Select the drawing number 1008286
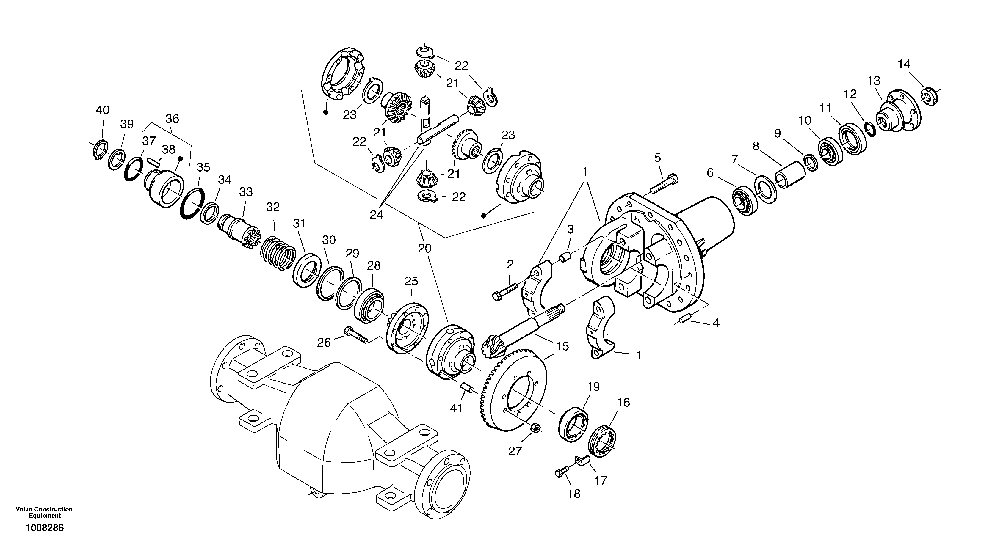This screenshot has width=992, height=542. point(45,528)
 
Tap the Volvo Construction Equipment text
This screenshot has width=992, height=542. point(44,512)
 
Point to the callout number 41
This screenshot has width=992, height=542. point(456,408)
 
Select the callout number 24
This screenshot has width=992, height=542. point(376,215)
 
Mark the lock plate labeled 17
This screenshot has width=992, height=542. point(583,461)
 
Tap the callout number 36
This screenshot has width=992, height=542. point(172,119)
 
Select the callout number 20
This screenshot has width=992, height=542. point(425,249)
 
